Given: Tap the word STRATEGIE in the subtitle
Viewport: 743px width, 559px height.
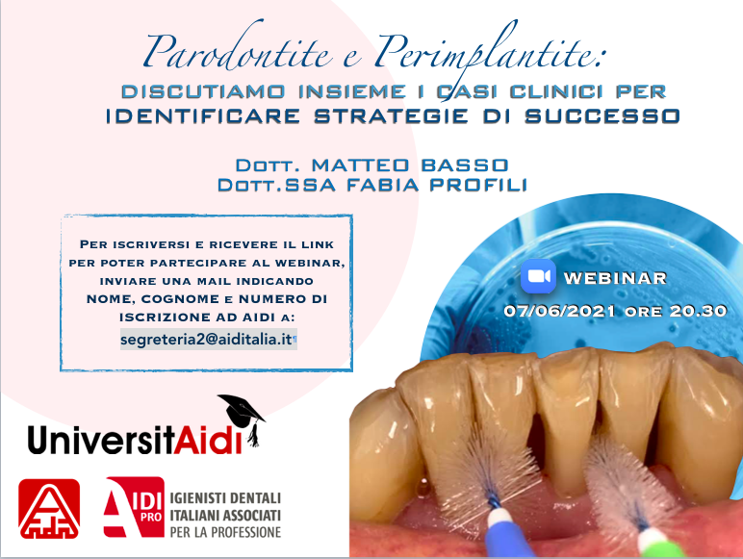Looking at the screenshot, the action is tap(392, 116).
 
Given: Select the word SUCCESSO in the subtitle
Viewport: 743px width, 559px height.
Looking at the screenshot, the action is tap(602, 116).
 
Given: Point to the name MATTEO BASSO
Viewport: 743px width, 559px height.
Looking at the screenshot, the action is tap(410, 165).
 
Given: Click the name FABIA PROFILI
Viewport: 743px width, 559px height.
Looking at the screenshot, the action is tap(437, 185).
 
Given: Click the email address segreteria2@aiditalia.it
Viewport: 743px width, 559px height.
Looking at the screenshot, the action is tap(207, 340).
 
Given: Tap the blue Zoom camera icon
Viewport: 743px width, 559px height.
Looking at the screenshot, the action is tap(538, 276).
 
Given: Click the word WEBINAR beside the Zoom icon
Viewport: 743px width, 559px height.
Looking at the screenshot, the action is tap(616, 278).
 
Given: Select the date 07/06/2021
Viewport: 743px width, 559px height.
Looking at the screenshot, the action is tap(559, 311).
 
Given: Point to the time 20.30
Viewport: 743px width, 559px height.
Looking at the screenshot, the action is tap(698, 311).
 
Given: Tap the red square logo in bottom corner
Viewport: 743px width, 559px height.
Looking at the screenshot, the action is tap(49, 509).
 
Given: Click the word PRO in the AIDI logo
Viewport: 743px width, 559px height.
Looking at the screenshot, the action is tap(151, 518).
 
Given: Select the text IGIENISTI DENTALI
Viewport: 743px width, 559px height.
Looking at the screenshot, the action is tap(225, 497).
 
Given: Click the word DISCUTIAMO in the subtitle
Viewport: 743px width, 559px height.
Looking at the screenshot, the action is tap(203, 91).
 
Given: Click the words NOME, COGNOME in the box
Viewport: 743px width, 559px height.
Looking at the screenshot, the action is tap(153, 299).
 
